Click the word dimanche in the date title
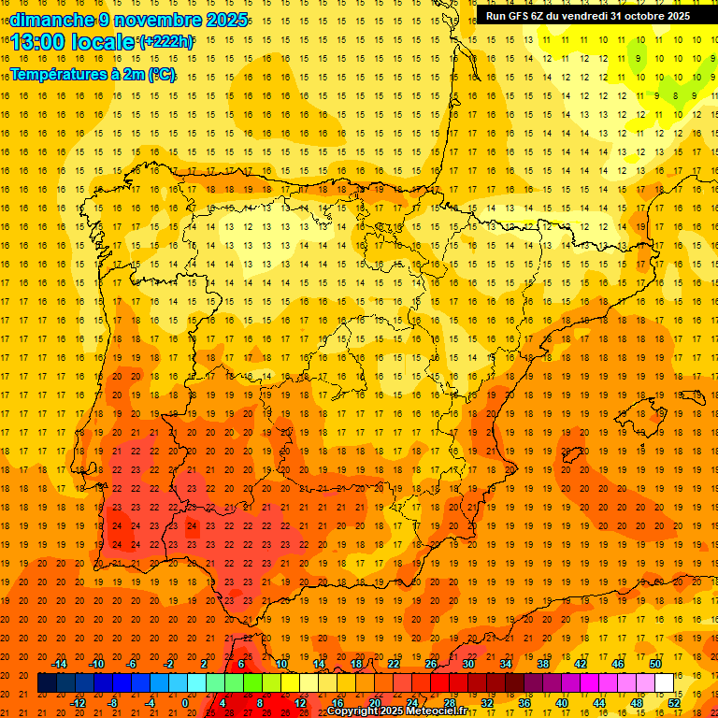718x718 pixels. point(52,20)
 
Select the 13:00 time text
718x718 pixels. point(42,43)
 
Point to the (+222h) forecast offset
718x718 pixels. point(166,42)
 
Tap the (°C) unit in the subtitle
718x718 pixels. point(160,74)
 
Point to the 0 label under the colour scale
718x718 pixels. point(185,703)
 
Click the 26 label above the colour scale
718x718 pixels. point(431,664)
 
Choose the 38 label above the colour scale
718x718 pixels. point(542,664)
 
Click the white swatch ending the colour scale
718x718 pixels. point(665,683)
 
